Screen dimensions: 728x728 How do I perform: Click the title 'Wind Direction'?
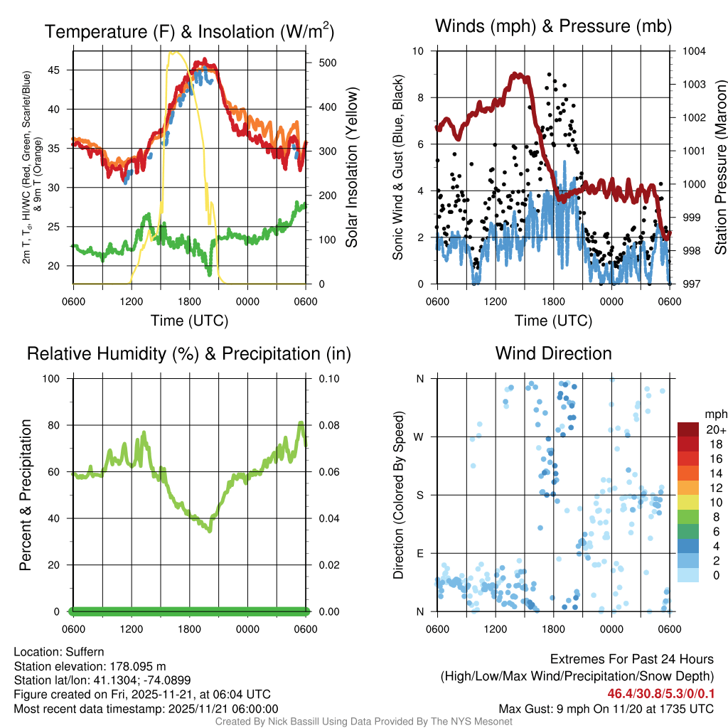point(553,353)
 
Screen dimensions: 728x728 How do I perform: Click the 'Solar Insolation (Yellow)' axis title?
point(352,167)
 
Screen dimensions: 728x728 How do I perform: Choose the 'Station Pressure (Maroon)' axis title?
point(719,167)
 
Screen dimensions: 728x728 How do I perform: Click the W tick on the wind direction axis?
point(419,437)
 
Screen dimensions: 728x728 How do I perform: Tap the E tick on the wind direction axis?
point(420,553)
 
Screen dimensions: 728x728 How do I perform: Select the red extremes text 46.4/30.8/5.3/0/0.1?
point(660,693)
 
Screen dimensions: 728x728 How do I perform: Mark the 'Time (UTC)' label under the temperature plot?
point(189,321)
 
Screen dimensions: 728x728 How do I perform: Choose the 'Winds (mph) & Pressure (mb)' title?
point(553,27)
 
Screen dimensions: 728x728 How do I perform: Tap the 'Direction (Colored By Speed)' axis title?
point(400,494)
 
